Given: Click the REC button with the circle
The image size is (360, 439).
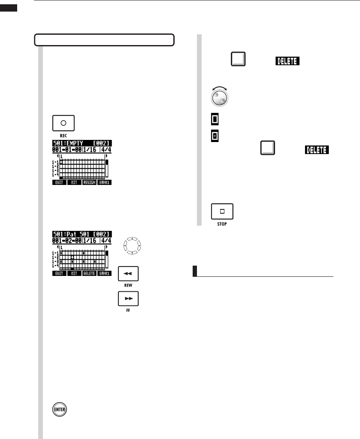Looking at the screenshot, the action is pos(63,123).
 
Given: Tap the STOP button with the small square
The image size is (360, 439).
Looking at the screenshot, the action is pos(222,212).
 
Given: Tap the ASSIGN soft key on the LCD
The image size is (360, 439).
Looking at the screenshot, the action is pos(89,182).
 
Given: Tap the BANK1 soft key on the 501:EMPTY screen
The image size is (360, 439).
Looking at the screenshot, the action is pos(104,182).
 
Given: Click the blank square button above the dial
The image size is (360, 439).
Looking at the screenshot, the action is pos(238,60).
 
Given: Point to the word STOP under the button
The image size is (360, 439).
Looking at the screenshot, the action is pos(222,224).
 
